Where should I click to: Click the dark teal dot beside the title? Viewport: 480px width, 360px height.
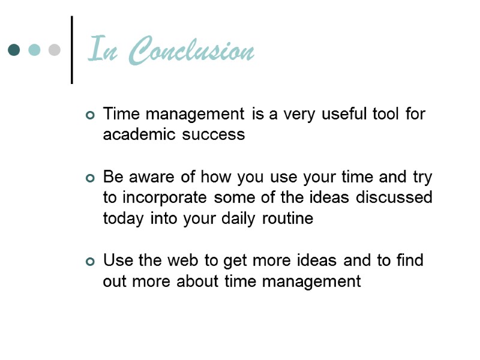tap(14, 50)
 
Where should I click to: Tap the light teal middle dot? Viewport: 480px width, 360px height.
tap(34, 50)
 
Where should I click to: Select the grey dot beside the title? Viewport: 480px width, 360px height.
tap(54, 50)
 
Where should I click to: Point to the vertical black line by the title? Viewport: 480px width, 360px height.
tap(72, 50)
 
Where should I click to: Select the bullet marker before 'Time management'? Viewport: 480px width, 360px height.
tap(91, 115)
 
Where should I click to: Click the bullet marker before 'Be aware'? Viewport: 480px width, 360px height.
tap(91, 178)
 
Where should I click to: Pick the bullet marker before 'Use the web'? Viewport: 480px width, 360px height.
tap(91, 261)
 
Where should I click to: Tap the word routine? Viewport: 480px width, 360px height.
tap(287, 218)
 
